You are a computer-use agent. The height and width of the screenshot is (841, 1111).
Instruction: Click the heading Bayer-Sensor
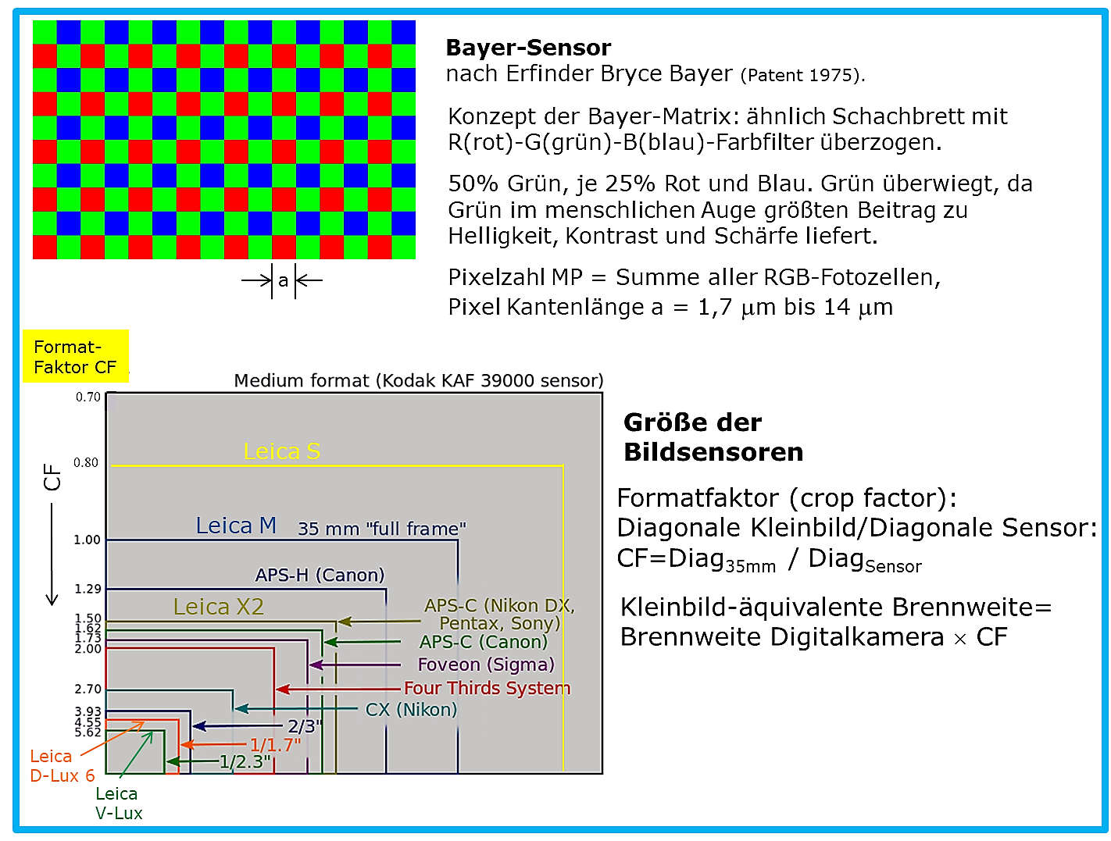click(x=528, y=48)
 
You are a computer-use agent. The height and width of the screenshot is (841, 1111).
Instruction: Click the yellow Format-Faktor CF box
click(x=76, y=356)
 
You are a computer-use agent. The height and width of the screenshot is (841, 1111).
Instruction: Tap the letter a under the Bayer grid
click(x=282, y=280)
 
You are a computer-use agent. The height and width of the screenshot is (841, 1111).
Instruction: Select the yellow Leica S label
click(x=281, y=451)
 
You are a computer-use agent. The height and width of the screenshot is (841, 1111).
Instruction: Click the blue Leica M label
click(x=236, y=526)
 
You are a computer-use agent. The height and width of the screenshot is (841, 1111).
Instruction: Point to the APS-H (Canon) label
click(x=320, y=575)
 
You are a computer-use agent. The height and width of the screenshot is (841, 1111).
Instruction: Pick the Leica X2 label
click(x=219, y=607)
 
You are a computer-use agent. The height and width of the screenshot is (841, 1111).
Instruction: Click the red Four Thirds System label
click(x=487, y=688)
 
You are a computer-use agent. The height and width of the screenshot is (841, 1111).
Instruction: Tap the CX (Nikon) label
click(x=411, y=710)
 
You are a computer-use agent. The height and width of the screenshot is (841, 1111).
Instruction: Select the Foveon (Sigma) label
click(x=486, y=665)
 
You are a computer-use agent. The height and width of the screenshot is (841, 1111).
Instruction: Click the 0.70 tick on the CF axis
click(x=88, y=397)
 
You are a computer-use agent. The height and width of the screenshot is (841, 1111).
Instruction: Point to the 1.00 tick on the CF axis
click(x=87, y=540)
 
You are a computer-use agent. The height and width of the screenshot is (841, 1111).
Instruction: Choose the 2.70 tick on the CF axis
click(x=88, y=689)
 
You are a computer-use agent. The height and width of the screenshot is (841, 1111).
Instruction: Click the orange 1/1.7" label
click(x=275, y=745)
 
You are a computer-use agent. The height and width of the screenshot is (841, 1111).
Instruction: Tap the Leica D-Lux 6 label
click(x=63, y=766)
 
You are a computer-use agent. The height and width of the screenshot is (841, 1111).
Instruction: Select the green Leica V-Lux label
click(x=119, y=803)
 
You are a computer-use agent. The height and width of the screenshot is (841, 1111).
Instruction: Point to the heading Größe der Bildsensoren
click(x=713, y=437)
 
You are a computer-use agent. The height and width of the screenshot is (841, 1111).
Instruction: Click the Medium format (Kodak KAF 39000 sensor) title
click(x=419, y=380)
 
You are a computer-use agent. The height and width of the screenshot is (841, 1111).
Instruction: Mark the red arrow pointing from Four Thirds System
click(x=338, y=689)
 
